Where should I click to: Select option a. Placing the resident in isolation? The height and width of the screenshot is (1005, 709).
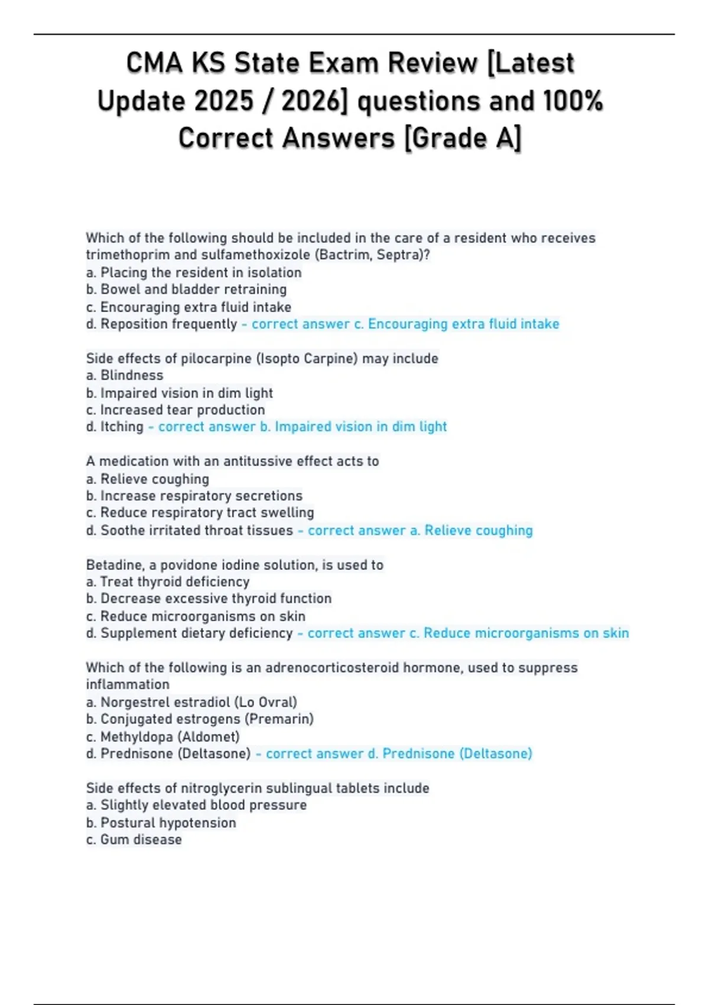coord(194,273)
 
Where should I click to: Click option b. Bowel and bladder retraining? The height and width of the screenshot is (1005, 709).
coord(186,289)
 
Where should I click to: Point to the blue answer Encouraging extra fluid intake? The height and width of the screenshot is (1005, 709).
coord(463,324)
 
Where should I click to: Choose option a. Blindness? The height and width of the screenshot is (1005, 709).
coord(125,375)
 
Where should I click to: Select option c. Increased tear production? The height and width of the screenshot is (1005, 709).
coord(175,410)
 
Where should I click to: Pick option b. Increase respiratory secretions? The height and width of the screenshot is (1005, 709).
coord(194,495)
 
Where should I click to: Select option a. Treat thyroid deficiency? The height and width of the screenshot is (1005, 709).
coord(168,582)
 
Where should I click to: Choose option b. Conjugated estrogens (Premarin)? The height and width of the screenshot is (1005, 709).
coord(200,719)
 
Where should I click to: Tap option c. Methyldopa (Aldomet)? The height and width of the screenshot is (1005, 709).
coord(163,737)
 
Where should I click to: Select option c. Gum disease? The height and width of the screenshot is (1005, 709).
coord(134,839)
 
